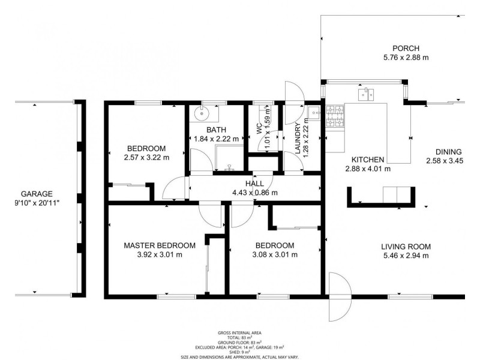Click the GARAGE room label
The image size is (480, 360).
37,194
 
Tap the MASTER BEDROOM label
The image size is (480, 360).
160,245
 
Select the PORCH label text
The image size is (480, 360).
406,49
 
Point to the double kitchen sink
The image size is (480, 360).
366,94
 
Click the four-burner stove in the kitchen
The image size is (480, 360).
335,116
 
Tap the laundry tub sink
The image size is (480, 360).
314,113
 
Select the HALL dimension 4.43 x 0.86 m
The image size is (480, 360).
255,193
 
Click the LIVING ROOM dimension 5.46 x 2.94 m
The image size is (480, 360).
406,256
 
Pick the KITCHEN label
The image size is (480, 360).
368,160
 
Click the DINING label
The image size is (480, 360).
448,152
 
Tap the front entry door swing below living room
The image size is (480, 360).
339,296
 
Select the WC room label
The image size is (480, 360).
259,128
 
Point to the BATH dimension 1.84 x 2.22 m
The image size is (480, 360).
217,139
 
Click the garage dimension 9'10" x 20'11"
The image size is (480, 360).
37,203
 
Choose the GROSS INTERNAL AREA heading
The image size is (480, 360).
239,333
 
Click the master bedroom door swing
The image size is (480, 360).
210,214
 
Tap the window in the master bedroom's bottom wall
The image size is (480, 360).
176,296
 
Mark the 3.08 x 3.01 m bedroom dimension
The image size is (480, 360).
275,254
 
